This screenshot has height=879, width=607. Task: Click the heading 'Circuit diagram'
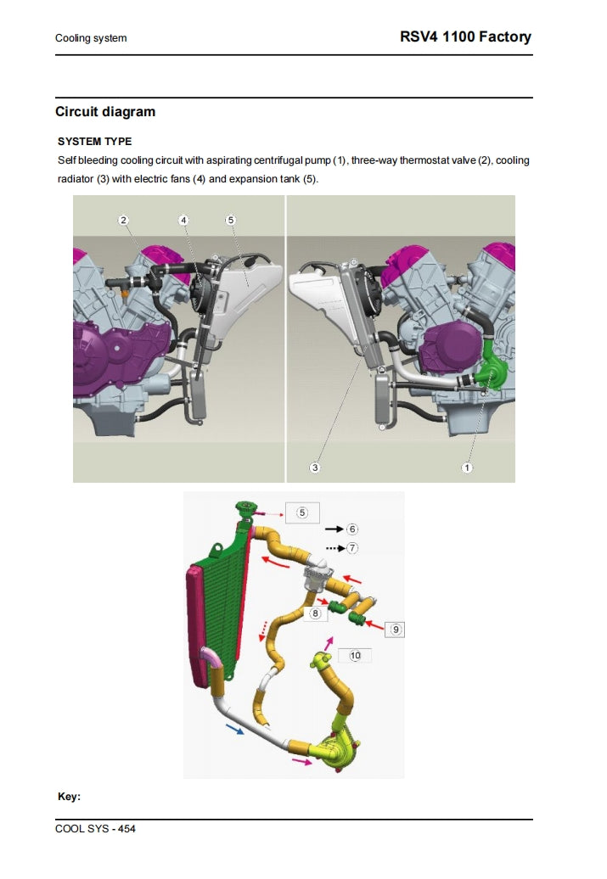[105, 112]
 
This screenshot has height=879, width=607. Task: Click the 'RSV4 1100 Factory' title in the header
[465, 36]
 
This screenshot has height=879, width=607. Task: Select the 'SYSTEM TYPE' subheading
[94, 141]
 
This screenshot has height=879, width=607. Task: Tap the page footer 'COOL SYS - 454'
[95, 828]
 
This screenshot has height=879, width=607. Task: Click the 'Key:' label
[69, 797]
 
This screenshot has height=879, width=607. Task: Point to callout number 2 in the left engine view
[124, 220]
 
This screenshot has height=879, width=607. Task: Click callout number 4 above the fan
[183, 220]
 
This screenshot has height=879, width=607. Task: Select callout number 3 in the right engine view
[315, 467]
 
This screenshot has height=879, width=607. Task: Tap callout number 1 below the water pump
[467, 467]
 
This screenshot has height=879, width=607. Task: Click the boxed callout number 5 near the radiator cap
[302, 512]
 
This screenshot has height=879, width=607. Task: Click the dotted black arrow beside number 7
[334, 548]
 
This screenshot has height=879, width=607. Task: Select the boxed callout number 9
[396, 629]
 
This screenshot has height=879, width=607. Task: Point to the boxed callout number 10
[355, 655]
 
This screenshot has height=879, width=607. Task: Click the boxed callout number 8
[314, 613]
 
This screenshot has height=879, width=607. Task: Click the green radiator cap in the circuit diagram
[247, 510]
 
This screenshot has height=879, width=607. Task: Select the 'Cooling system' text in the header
[91, 38]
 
